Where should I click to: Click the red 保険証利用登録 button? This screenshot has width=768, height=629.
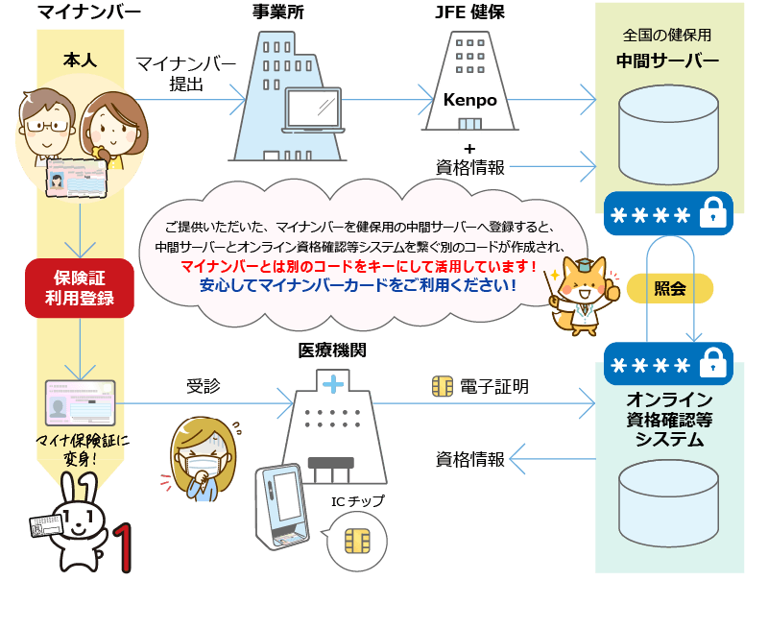click(x=79, y=287)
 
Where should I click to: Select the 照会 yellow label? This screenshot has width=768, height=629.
click(x=670, y=288)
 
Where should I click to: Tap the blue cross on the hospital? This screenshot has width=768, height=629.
click(x=333, y=384)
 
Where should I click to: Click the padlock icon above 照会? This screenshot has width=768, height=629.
click(x=711, y=215)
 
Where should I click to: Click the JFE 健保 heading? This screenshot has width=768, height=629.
click(x=469, y=13)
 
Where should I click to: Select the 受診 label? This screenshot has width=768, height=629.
click(x=203, y=386)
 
